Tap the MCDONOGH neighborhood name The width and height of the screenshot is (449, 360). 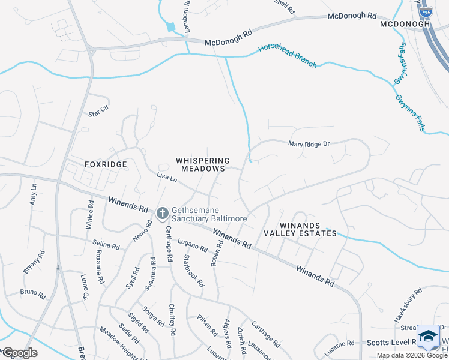tap(406, 24)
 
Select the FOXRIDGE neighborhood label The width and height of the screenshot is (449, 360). tap(89, 164)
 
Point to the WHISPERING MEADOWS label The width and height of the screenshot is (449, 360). tap(203, 165)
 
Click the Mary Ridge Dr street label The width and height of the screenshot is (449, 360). tap(309, 144)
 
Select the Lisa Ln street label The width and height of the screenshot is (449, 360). tap(167, 177)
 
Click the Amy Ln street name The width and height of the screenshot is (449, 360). tap(34, 194)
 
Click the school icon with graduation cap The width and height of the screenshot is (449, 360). tap(429, 337)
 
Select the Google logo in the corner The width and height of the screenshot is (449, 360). tap(19, 352)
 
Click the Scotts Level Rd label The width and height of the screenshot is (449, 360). tap(390, 342)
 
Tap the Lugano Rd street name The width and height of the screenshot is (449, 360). tap(192, 245)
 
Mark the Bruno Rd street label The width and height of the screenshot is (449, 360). tap(32, 294)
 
